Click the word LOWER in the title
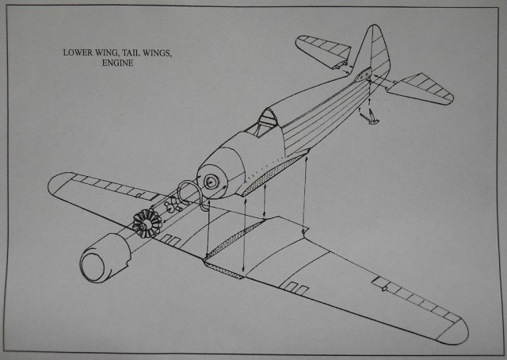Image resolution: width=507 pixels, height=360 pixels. (x=80, y=54)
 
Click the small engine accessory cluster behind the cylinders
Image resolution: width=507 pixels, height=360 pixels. (x=169, y=210)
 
